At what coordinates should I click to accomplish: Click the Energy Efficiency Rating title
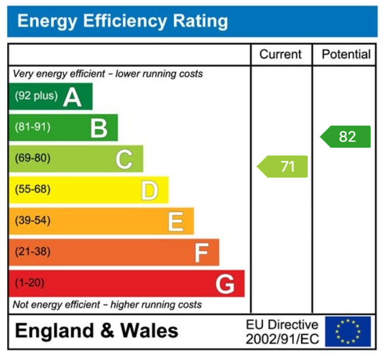[x=123, y=22]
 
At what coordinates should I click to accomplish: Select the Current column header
[x=280, y=54]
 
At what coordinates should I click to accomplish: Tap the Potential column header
[x=346, y=54]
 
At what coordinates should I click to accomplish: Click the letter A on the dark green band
[x=72, y=96]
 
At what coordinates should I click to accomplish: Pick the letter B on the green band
[x=98, y=127]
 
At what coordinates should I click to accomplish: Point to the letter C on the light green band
[x=124, y=159]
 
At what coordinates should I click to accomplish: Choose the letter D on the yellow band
[x=149, y=191]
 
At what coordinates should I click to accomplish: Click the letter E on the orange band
[x=175, y=222]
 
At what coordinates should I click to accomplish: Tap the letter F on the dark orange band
[x=201, y=253]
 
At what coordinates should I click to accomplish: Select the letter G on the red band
[x=225, y=284]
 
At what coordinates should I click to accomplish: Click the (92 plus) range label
[x=36, y=96]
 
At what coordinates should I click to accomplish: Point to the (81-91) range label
[x=32, y=127]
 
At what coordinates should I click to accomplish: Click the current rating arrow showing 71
[x=283, y=166]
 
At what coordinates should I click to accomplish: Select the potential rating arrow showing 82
[x=346, y=136]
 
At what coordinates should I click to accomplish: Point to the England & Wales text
[x=96, y=331]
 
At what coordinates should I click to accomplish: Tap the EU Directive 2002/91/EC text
[x=282, y=332]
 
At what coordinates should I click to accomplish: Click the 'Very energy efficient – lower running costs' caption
[x=108, y=74]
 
